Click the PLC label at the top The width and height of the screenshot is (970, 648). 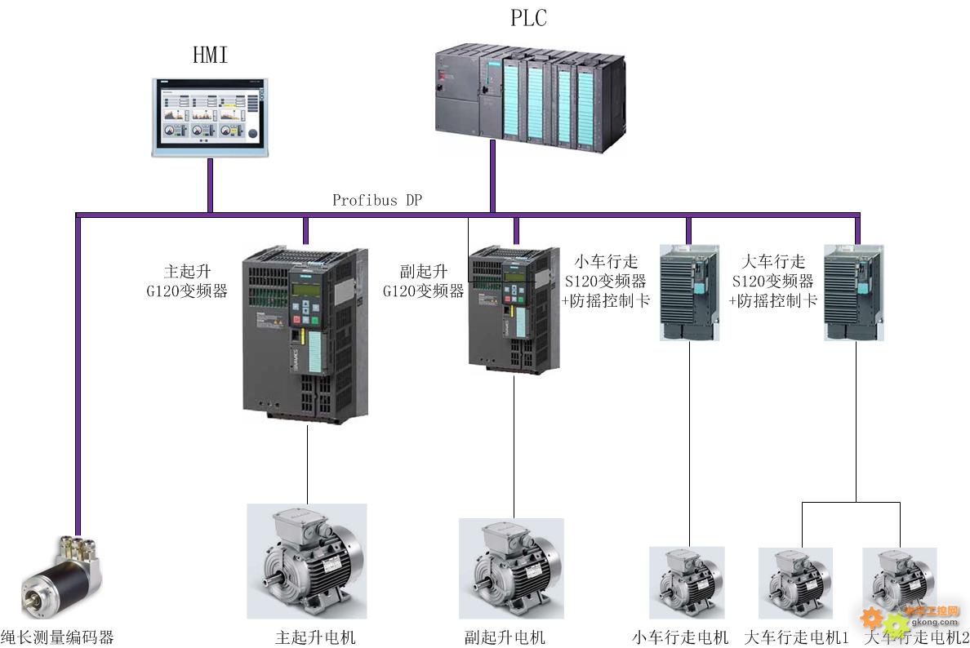pos(528,18)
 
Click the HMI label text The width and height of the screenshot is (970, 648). pos(210,55)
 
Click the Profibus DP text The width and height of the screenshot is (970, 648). pos(377,200)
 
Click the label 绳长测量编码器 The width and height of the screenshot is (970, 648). pos(57,637)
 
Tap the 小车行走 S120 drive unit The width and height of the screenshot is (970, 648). pos(689,291)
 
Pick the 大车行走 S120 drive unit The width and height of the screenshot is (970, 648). pos(854,291)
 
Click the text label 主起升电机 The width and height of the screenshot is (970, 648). pos(315,637)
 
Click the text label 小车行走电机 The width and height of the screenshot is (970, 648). pos(680,637)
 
